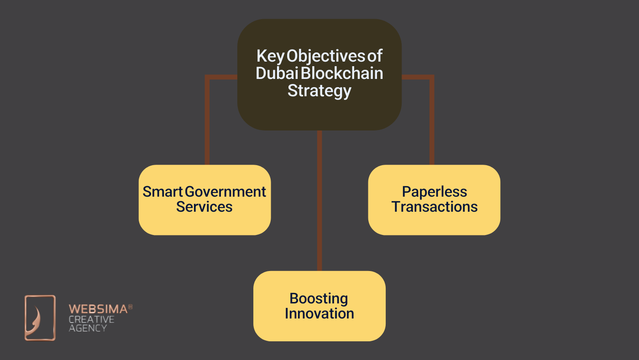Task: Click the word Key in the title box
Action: pyautogui.click(x=270, y=56)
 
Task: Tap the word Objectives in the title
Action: pyautogui.click(x=326, y=56)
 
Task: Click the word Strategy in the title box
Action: pyautogui.click(x=319, y=90)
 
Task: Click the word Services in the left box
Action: pyautogui.click(x=204, y=207)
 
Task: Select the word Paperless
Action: pyautogui.click(x=435, y=192)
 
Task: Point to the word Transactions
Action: pyautogui.click(x=435, y=207)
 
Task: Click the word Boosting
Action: pyautogui.click(x=319, y=298)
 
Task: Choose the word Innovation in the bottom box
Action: pyautogui.click(x=319, y=313)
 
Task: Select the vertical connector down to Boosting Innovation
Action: pyautogui.click(x=319, y=201)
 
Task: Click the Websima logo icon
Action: pyautogui.click(x=40, y=318)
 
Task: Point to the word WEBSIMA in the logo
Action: pyautogui.click(x=98, y=309)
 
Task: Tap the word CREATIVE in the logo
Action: pyautogui.click(x=91, y=319)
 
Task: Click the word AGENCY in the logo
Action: pyautogui.click(x=88, y=328)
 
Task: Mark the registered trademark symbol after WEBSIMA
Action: pyautogui.click(x=130, y=307)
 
